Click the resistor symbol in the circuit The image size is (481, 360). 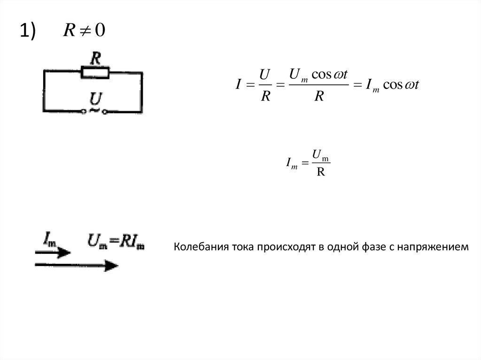point(95,73)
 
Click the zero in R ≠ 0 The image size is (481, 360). point(100,31)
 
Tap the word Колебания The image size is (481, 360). point(196,247)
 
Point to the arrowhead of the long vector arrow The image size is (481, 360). point(112,265)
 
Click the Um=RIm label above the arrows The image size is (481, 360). point(116,241)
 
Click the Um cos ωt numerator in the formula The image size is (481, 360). point(319,74)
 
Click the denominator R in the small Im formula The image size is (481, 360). point(321,172)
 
